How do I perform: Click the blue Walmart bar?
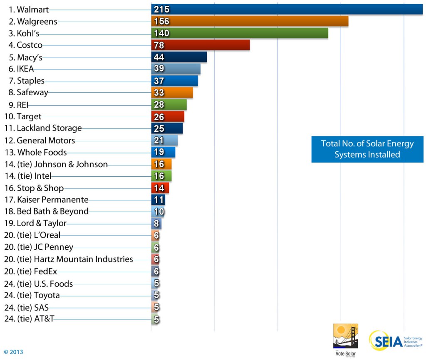[x=287, y=10]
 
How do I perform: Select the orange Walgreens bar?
[x=250, y=21]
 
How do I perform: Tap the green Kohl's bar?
[x=240, y=33]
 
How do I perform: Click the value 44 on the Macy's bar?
[x=159, y=57]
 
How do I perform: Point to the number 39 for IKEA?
[x=159, y=69]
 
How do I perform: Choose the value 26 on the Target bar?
[x=159, y=117]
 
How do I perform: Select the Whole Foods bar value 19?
[x=159, y=153]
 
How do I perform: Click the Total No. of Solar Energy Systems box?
[x=367, y=149]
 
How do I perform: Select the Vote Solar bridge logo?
[x=345, y=336]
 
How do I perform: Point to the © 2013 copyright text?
[x=14, y=352]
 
